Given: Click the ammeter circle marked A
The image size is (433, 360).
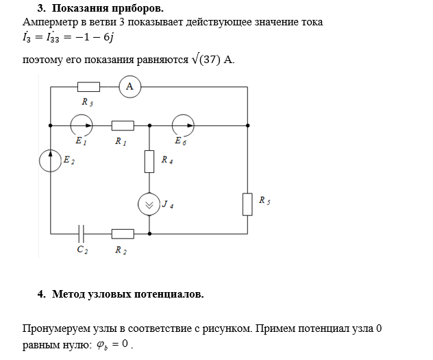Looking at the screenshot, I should click(129, 86).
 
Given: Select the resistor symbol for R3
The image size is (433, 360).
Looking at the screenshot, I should click(88, 86).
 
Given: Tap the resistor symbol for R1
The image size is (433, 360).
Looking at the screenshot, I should click(122, 125).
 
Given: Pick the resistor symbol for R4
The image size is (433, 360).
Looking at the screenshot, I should click(149, 162).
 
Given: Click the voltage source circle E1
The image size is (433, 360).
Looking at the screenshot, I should click(82, 125).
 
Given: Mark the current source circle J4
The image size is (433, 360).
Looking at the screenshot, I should click(149, 204).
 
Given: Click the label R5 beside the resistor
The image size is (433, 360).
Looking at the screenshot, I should click(264, 201).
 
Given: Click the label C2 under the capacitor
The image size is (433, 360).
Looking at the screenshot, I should click(82, 250).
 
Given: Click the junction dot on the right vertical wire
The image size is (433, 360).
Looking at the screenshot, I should click(247, 125).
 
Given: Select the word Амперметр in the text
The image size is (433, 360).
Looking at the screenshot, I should click(51, 22).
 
